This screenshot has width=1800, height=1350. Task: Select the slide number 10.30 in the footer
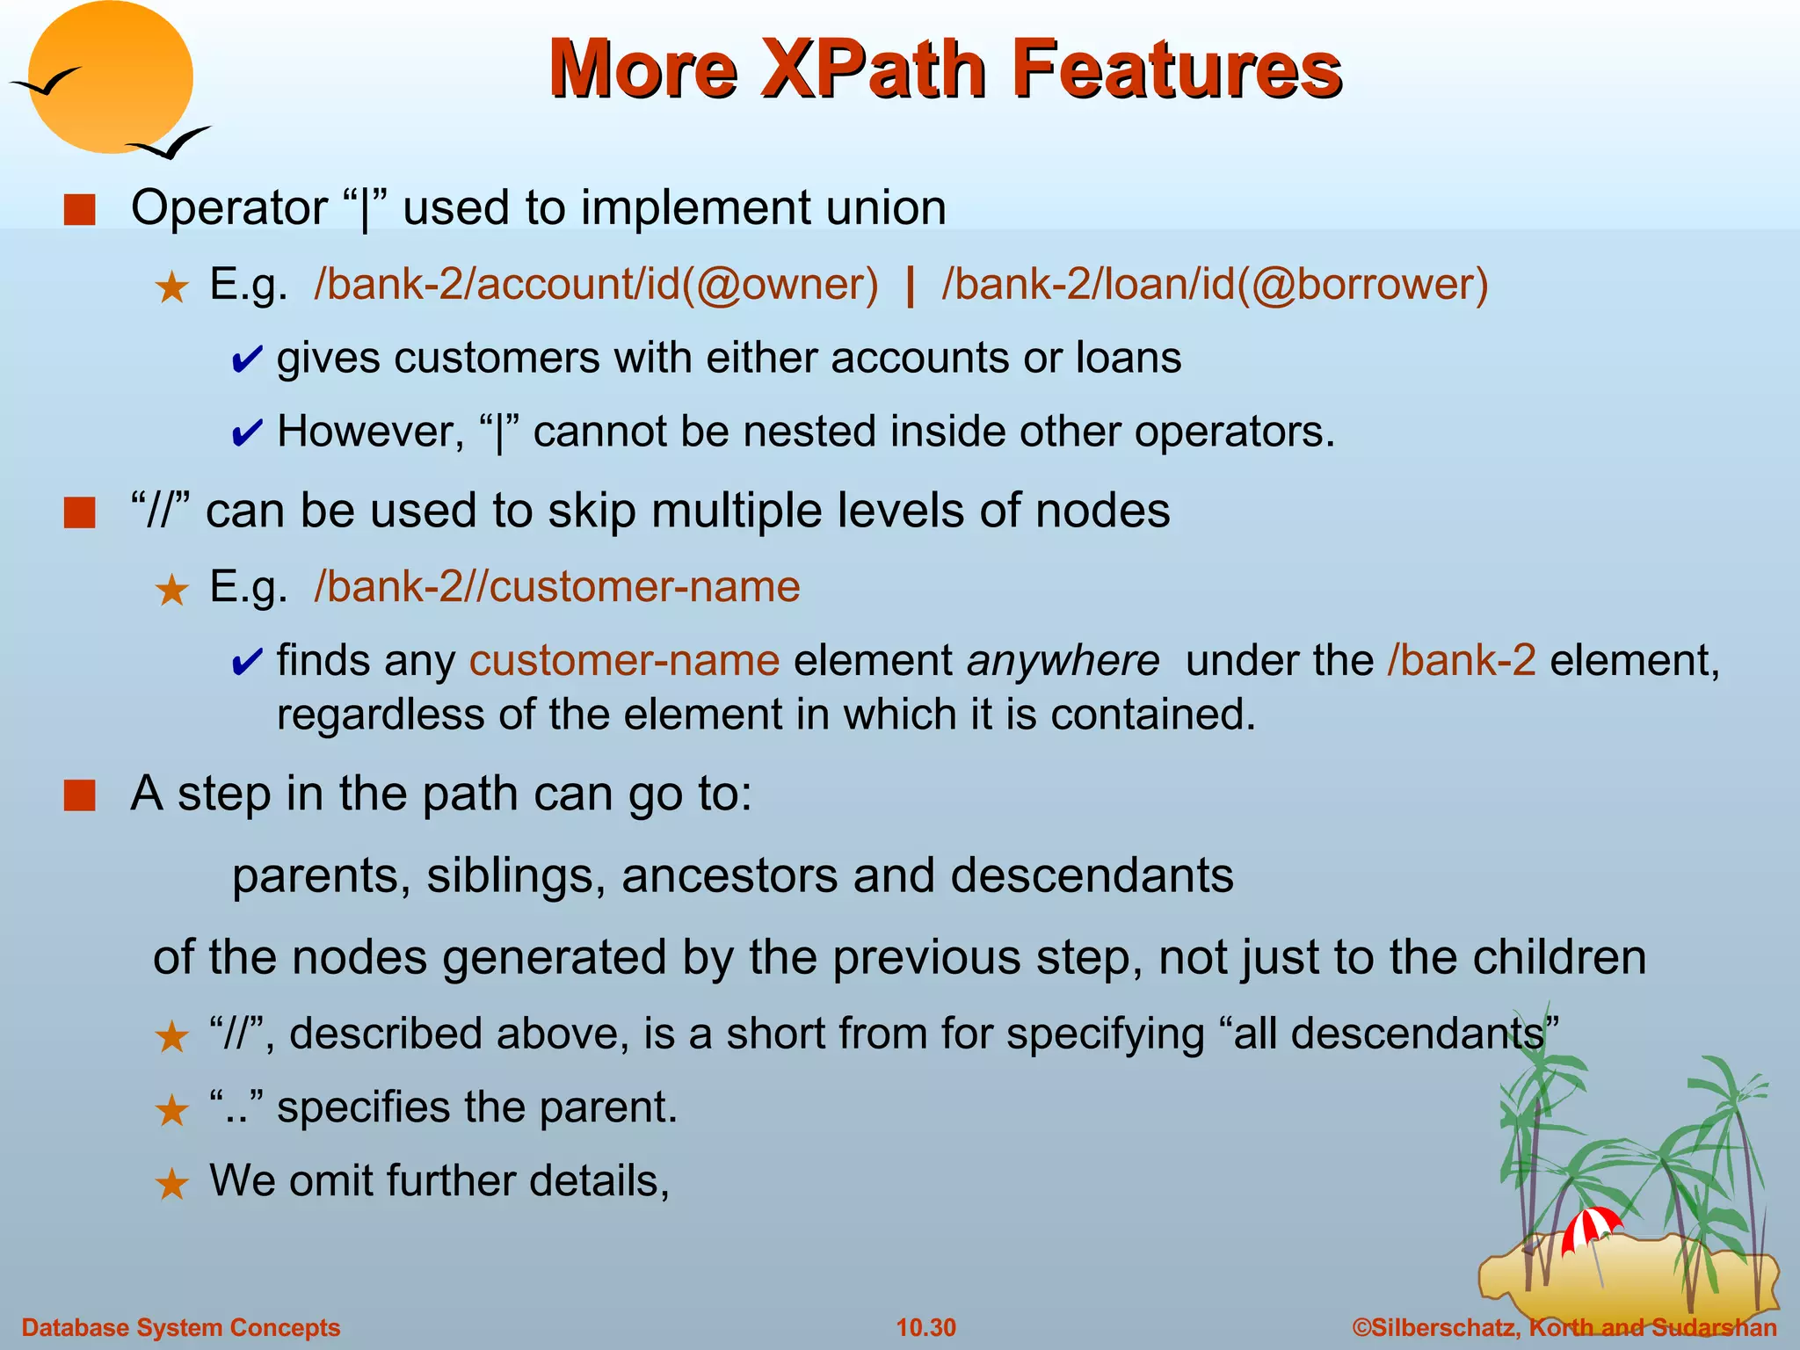click(x=925, y=1327)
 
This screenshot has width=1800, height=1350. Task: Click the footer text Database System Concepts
click(x=180, y=1327)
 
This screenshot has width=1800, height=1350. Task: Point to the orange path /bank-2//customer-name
click(x=556, y=586)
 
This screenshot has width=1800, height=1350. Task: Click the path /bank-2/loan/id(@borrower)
click(x=1215, y=284)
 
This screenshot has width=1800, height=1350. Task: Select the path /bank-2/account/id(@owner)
click(x=596, y=284)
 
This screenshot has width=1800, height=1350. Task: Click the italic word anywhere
click(x=1063, y=660)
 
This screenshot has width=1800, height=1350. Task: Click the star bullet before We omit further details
click(x=171, y=1184)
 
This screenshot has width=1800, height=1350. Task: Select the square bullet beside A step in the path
click(x=80, y=795)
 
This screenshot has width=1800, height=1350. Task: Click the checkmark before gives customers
click(x=246, y=359)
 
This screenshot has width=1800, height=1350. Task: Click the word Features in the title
click(x=1176, y=69)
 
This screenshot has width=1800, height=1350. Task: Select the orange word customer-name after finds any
click(x=624, y=660)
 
